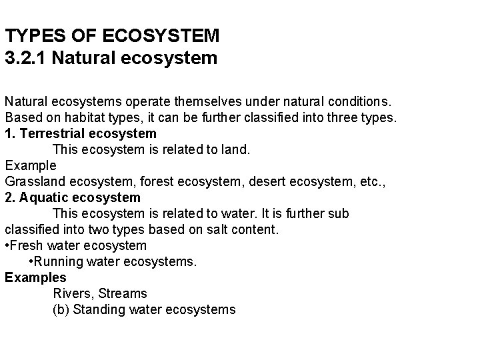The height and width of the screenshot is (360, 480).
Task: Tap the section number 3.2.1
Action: [25, 58]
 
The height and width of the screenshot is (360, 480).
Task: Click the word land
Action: [235, 149]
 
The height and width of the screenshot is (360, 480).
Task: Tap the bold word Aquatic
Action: [44, 197]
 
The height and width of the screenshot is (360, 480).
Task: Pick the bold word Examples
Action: [35, 277]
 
